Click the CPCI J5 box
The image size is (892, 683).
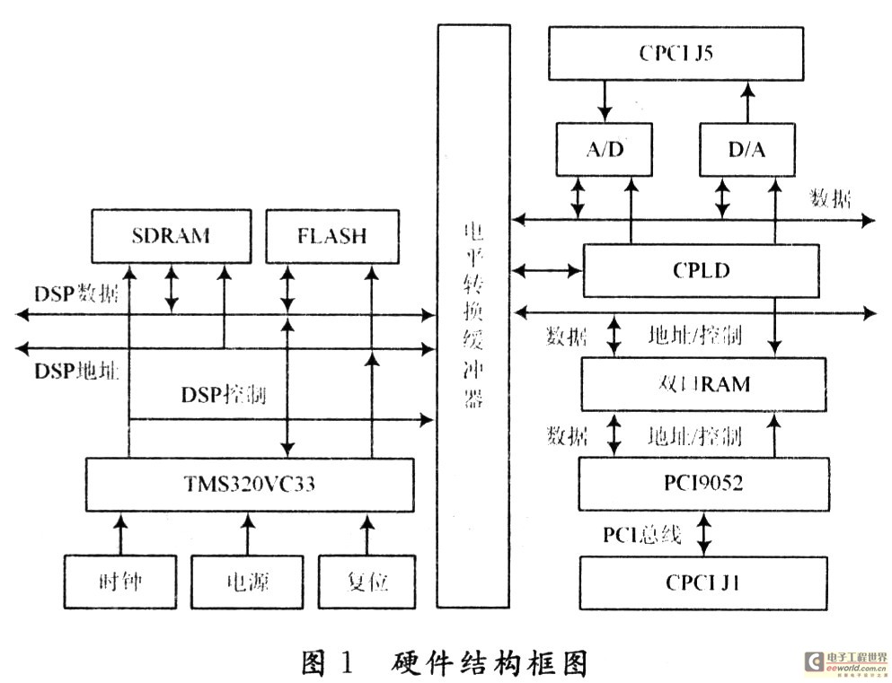676,52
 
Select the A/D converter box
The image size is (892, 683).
604,149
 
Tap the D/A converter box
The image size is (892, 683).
747,149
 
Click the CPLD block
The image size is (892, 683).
701,270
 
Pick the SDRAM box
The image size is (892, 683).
170,237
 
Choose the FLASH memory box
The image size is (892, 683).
331,237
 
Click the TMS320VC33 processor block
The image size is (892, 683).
250,485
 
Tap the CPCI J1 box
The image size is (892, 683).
702,582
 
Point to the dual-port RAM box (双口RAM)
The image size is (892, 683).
702,384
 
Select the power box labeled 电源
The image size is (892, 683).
245,582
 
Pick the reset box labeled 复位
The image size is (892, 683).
367,582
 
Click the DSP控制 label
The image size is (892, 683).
223,395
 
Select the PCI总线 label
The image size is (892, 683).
642,535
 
